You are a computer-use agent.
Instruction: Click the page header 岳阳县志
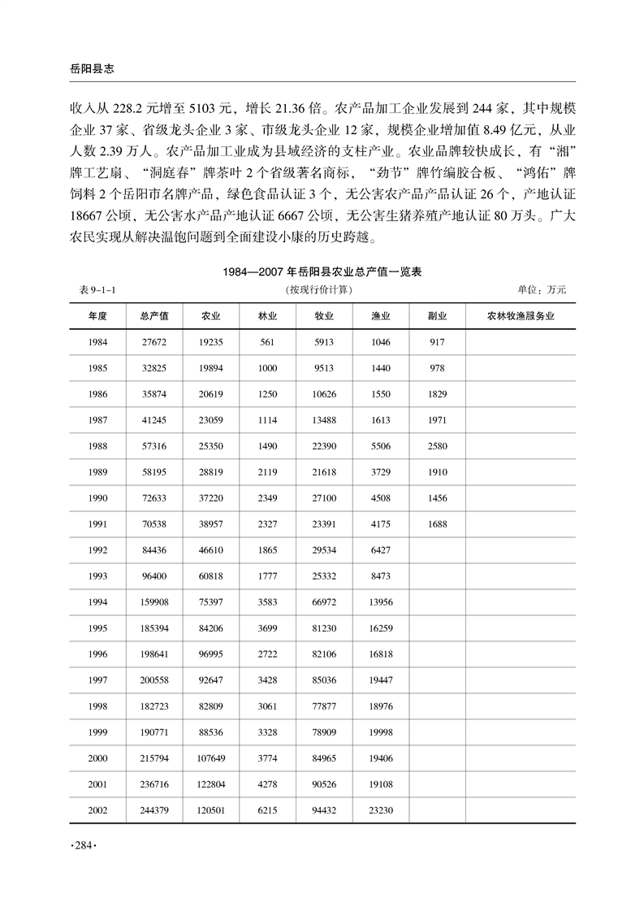tap(80, 69)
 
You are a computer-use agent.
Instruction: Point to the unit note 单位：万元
tap(541, 289)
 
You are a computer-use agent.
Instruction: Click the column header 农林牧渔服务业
tap(521, 315)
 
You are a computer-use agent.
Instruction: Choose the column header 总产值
tap(154, 315)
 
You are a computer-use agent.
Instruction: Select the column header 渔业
tap(381, 315)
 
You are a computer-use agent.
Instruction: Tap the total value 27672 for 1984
tap(153, 344)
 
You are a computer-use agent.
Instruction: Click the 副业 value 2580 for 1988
tap(437, 447)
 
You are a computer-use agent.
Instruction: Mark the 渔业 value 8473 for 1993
tap(381, 575)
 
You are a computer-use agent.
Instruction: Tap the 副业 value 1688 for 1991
tap(437, 524)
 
